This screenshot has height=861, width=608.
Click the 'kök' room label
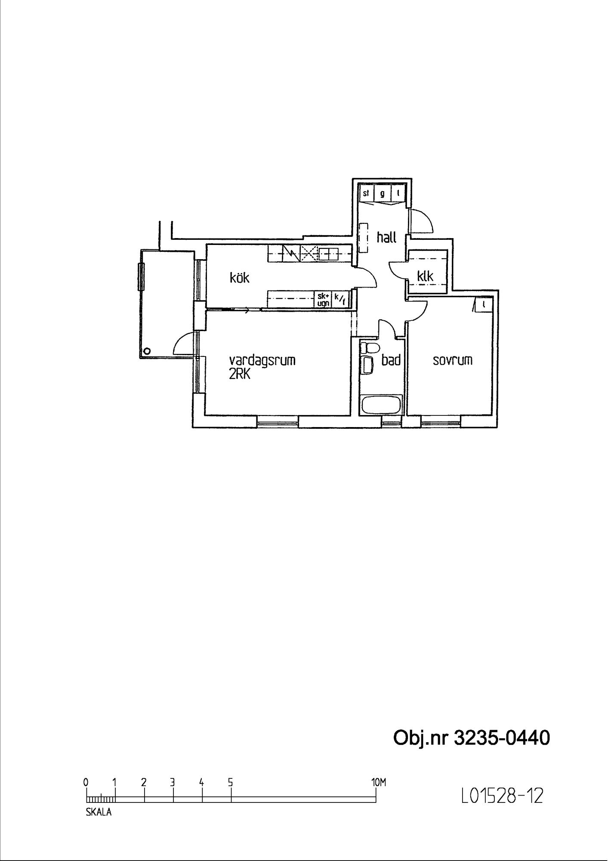click(x=239, y=278)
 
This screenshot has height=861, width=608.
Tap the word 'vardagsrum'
click(x=262, y=360)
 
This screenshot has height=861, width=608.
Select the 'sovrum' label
click(x=452, y=360)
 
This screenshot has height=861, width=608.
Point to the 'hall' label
click(x=386, y=237)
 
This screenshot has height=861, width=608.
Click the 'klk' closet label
click(x=425, y=276)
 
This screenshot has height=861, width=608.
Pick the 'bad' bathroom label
click(x=391, y=360)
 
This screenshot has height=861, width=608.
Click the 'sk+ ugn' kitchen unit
click(x=323, y=300)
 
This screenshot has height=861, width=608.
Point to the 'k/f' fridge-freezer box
click(x=339, y=299)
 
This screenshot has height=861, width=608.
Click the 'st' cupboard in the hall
click(x=366, y=193)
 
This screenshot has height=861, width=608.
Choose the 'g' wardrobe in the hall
click(x=382, y=193)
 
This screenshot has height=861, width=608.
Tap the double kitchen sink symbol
click(x=329, y=254)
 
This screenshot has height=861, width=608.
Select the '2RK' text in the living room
click(x=239, y=374)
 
